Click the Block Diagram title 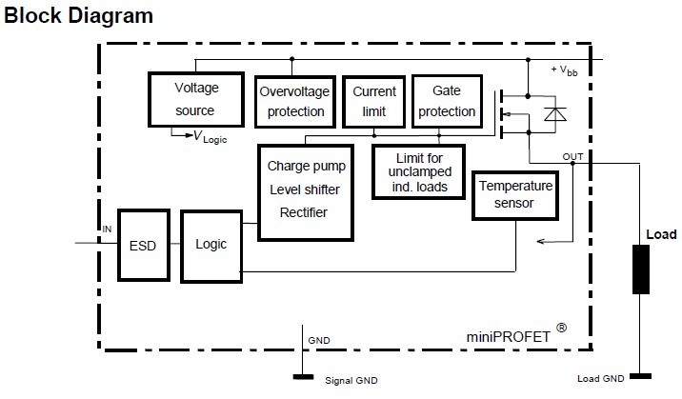pyautogui.click(x=78, y=16)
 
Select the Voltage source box pyautogui.click(x=196, y=98)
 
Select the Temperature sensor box pyautogui.click(x=514, y=194)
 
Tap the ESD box pyautogui.click(x=143, y=244)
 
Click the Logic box pyautogui.click(x=211, y=244)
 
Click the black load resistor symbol pyautogui.click(x=640, y=269)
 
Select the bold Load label pyautogui.click(x=661, y=234)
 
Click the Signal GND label pyautogui.click(x=351, y=381)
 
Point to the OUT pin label pyautogui.click(x=573, y=156)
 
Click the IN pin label pyautogui.click(x=107, y=229)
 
